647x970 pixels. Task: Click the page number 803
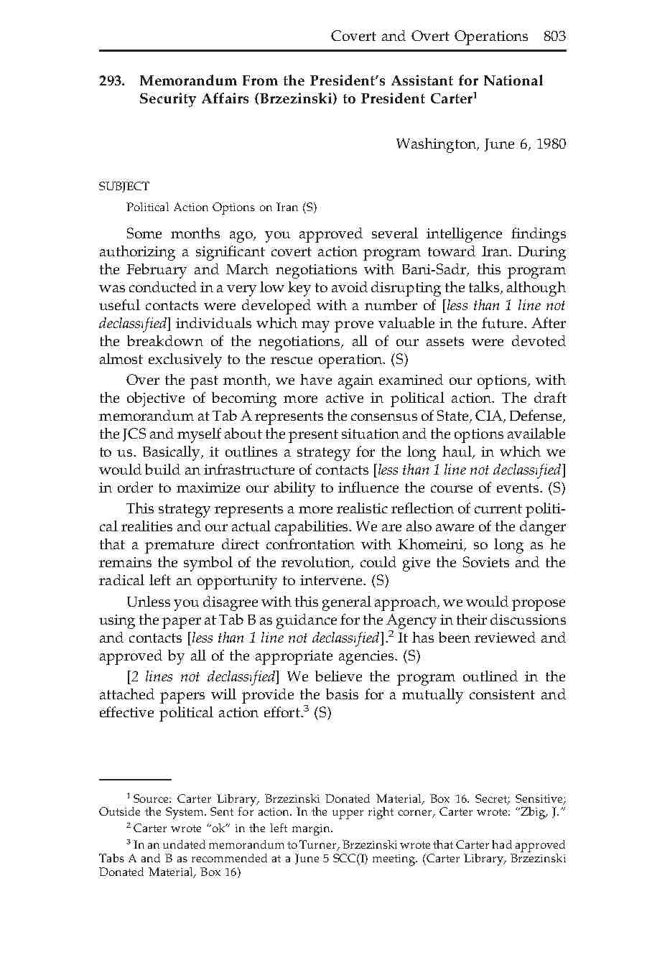coord(555,37)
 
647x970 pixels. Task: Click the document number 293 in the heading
coord(111,81)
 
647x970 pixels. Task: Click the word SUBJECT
coord(124,187)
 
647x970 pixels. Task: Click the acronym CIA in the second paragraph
coord(490,416)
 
